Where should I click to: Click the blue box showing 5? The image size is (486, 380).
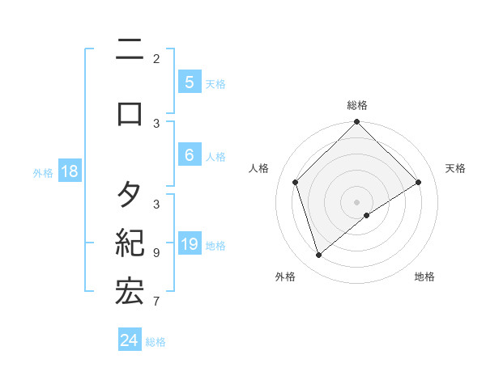click(x=189, y=82)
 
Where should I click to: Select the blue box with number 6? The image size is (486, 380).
click(x=189, y=155)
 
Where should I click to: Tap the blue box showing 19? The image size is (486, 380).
click(x=189, y=244)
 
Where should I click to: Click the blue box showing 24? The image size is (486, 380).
click(x=130, y=340)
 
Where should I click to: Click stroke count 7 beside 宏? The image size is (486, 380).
click(x=156, y=302)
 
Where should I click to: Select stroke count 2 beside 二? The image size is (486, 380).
click(x=156, y=58)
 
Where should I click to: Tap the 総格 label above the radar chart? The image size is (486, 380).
click(x=356, y=105)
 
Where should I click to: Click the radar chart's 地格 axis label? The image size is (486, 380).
click(x=424, y=277)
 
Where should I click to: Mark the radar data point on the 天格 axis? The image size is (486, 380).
click(x=419, y=182)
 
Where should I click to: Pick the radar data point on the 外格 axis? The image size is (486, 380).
click(x=318, y=255)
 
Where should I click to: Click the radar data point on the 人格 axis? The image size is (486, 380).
click(x=295, y=182)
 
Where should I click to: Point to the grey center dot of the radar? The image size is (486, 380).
click(x=356, y=201)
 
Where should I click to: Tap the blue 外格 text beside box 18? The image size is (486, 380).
click(x=43, y=171)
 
